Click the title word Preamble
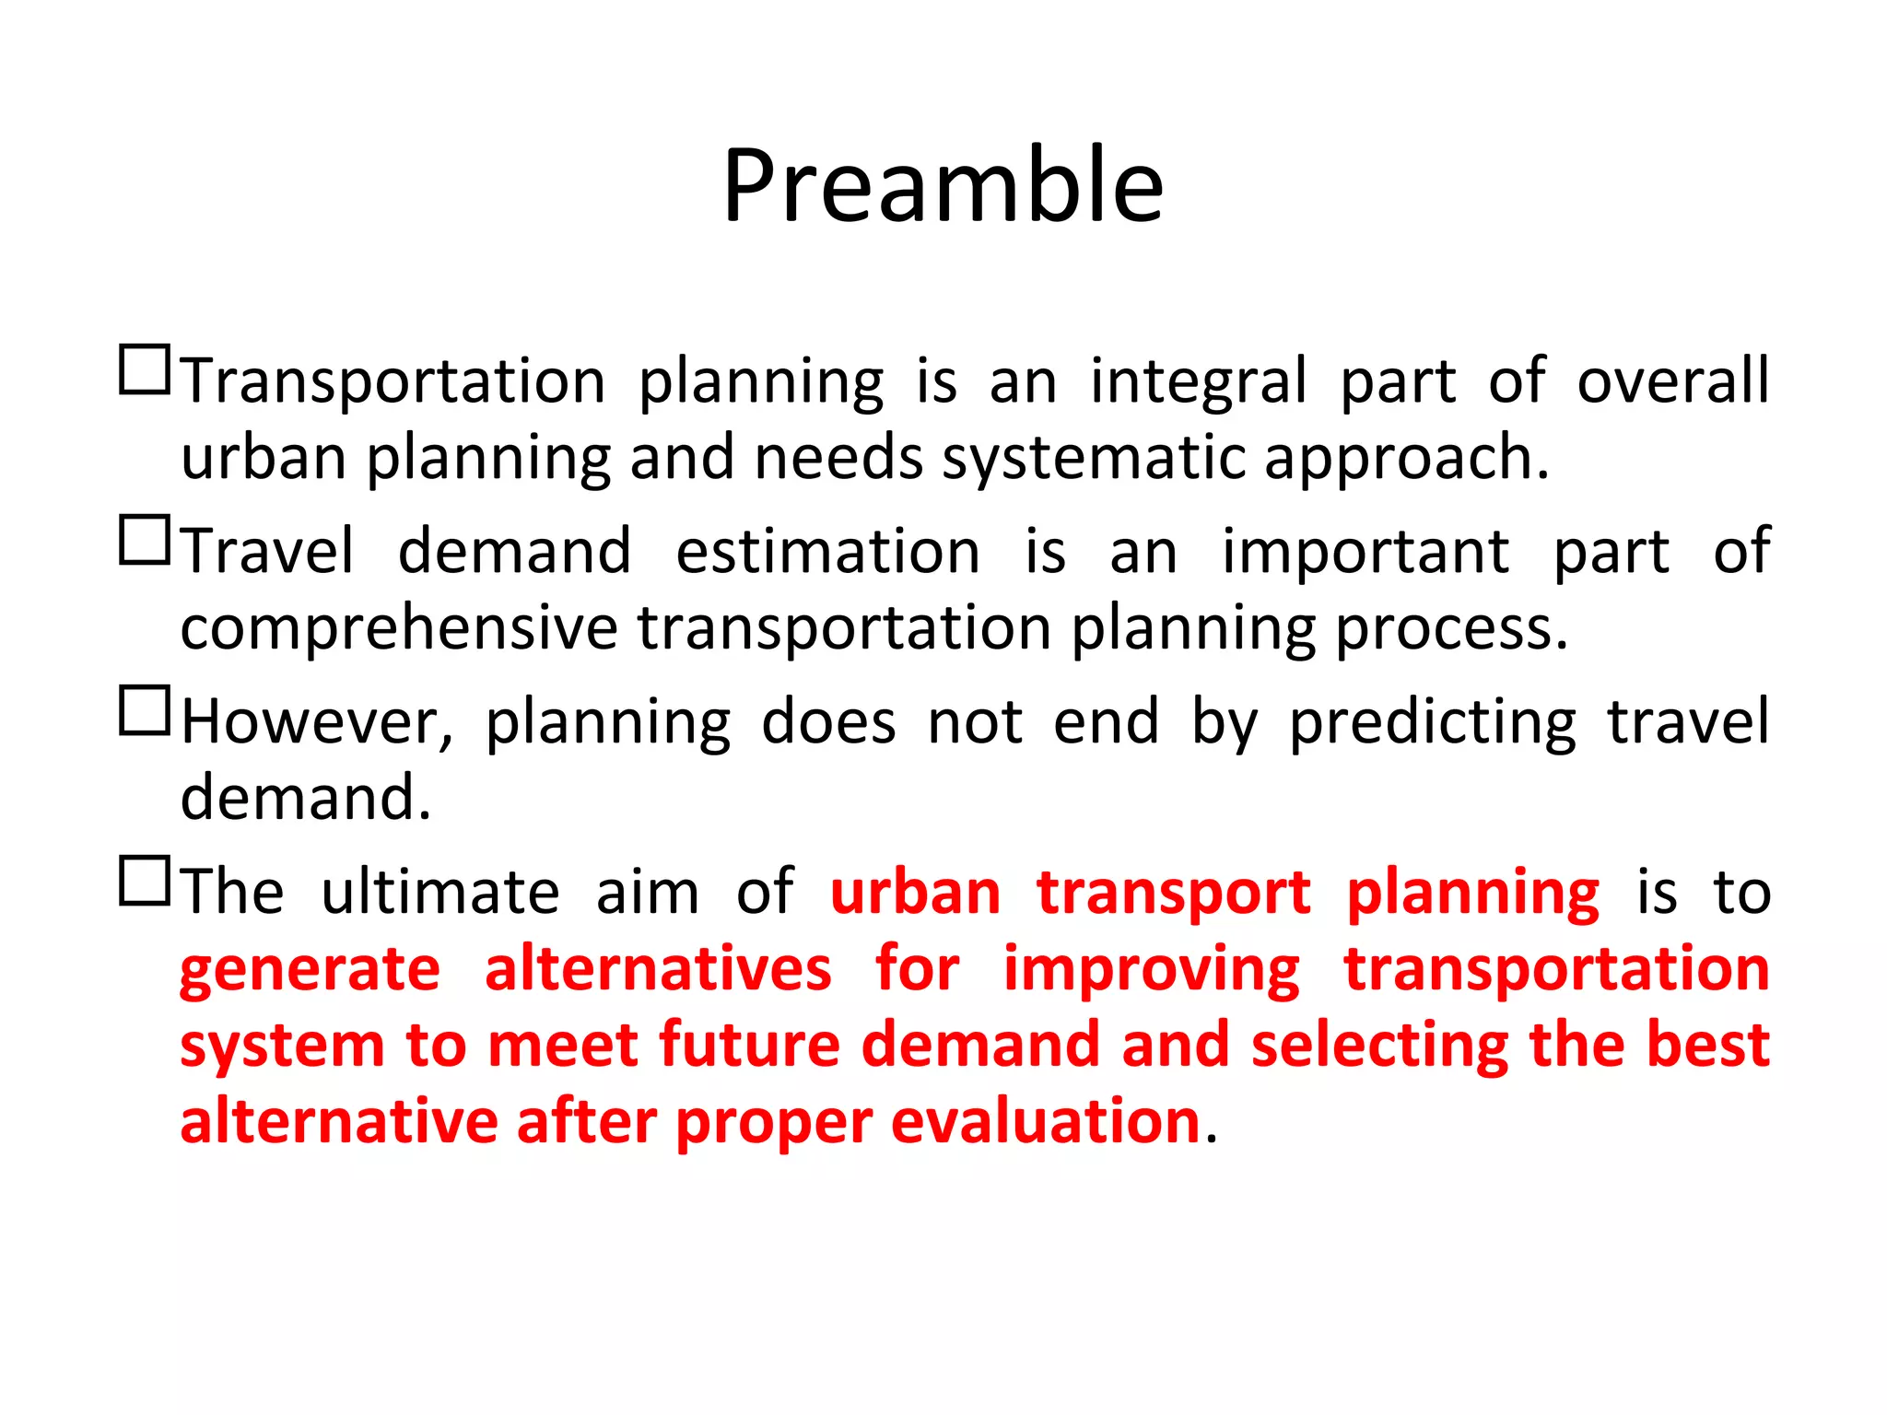click(x=943, y=187)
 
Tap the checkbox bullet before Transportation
click(x=145, y=370)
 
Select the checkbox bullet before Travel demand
click(x=145, y=540)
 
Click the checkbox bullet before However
click(x=145, y=710)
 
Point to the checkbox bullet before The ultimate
click(x=145, y=881)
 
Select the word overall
click(x=1672, y=380)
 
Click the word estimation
click(x=827, y=552)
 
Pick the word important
click(x=1365, y=554)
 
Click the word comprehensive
click(x=398, y=630)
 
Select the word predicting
click(x=1432, y=724)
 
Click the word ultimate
click(x=440, y=893)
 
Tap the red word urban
click(x=915, y=893)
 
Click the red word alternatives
click(x=658, y=969)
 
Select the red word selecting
click(x=1379, y=1047)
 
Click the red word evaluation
click(x=1045, y=1123)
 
